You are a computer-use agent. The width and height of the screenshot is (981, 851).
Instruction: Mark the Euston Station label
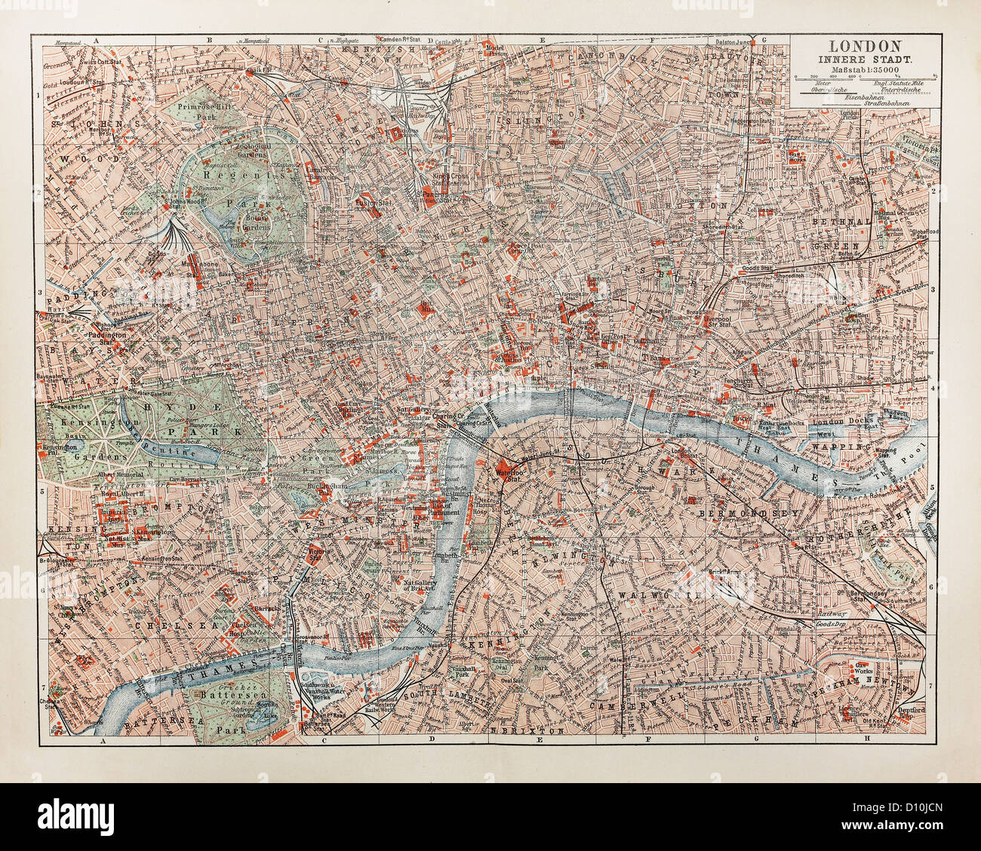(349, 202)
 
